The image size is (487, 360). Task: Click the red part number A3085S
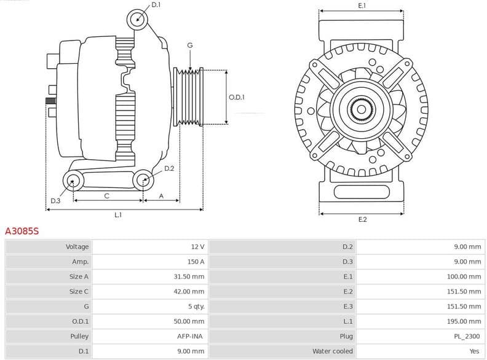[x=22, y=232]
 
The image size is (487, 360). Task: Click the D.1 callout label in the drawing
[x=156, y=5]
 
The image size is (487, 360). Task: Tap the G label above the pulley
[x=190, y=45]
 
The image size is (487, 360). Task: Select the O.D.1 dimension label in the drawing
[x=237, y=97]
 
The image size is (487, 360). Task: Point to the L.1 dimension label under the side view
[x=118, y=215]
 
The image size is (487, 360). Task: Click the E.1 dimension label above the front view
[x=362, y=6]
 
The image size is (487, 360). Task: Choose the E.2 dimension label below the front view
[x=362, y=219]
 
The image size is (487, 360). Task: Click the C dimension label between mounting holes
[x=107, y=196]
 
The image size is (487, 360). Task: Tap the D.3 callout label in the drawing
[x=55, y=201]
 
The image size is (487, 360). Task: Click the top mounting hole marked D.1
[x=138, y=19]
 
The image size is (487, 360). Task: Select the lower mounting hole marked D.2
[x=144, y=180]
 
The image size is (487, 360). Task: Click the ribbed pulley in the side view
[x=189, y=97]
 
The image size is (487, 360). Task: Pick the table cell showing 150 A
[x=196, y=262]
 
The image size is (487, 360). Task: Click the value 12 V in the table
[x=197, y=247]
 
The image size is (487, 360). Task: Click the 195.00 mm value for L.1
[x=464, y=321]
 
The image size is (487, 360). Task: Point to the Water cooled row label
[x=333, y=351]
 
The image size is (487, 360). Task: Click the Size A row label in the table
[x=79, y=276]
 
